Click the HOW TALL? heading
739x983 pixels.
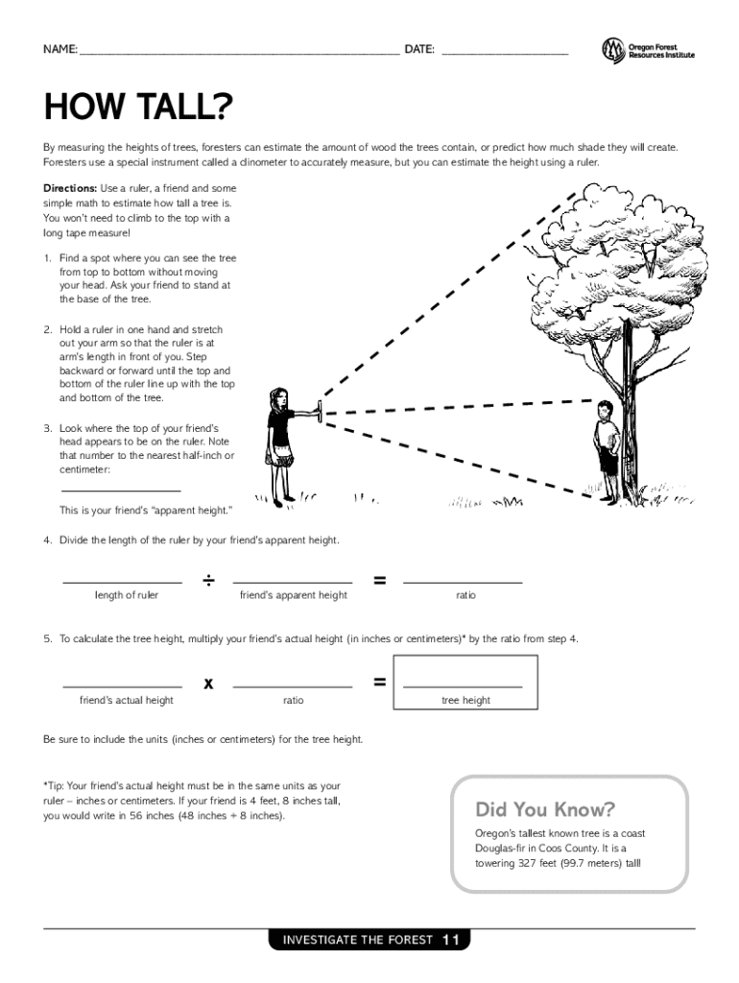(x=138, y=108)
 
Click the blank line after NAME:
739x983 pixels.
(x=239, y=51)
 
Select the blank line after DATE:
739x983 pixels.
(x=504, y=51)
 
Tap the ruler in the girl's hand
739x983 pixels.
(x=319, y=410)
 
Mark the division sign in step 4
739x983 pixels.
(x=208, y=581)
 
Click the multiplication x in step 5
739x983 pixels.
(x=208, y=683)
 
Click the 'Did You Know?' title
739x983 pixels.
(x=545, y=809)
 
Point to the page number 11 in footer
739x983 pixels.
(x=452, y=940)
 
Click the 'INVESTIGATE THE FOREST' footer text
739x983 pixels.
(x=357, y=940)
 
